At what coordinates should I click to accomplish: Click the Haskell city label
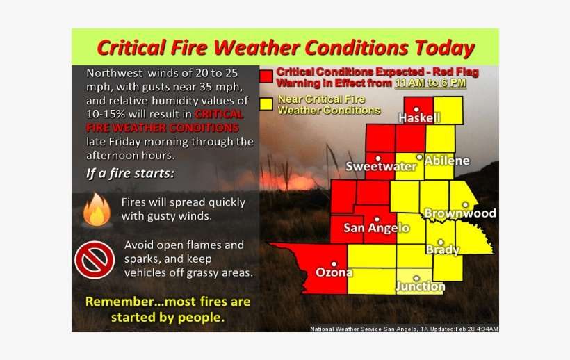[x=419, y=119]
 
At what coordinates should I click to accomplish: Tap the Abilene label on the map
[x=447, y=161]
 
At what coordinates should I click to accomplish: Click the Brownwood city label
[x=459, y=213]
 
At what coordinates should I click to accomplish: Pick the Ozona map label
[x=334, y=272]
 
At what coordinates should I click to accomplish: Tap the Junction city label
[x=420, y=286]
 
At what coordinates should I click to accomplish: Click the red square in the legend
[x=266, y=76]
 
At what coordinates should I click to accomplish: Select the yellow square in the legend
[x=266, y=104]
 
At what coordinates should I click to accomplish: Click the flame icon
[x=97, y=210]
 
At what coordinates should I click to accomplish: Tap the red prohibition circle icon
[x=94, y=259]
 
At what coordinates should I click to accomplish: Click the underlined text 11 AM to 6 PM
[x=430, y=83]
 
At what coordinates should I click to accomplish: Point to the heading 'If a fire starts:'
[x=130, y=173]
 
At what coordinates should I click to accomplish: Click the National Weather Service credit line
[x=404, y=328]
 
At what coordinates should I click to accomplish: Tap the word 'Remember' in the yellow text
[x=116, y=302]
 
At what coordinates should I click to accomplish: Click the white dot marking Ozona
[x=334, y=263]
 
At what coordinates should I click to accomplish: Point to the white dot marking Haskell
[x=416, y=109]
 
